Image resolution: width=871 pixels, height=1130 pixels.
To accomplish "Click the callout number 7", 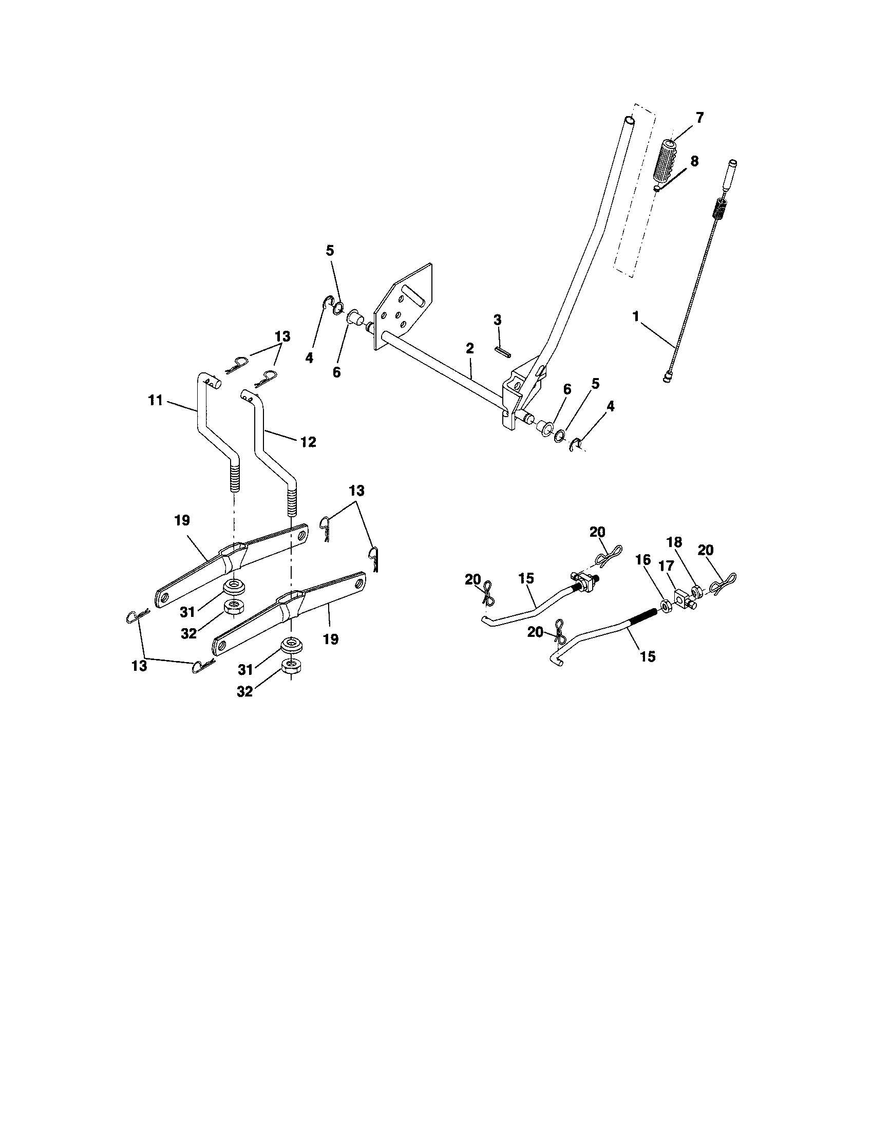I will coord(699,118).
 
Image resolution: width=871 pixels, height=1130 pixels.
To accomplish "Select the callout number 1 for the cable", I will coord(636,315).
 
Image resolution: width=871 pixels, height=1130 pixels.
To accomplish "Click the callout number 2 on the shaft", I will coord(469,348).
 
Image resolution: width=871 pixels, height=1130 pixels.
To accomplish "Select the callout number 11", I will coord(156,400).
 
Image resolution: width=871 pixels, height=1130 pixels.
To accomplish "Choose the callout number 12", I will coord(308,442).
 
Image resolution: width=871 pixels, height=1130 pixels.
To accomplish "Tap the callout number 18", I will coord(675,542).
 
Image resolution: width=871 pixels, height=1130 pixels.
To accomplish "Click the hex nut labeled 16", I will coord(667,604).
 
